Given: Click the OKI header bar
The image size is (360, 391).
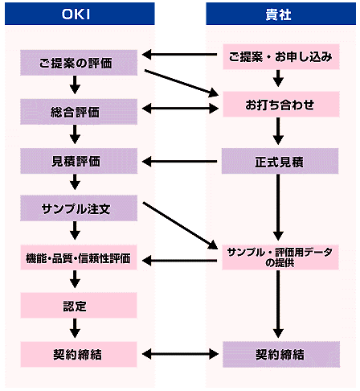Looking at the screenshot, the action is (x=80, y=14).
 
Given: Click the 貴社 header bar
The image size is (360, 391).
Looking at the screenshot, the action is (x=280, y=14).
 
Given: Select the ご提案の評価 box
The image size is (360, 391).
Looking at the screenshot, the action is (x=79, y=63).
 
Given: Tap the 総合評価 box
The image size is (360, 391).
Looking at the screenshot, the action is (x=79, y=112).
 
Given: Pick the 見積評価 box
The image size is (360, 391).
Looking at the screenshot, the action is (x=79, y=161).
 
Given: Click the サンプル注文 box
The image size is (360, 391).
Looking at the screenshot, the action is (x=79, y=208).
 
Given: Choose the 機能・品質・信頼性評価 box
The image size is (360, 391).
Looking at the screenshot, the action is (x=79, y=257).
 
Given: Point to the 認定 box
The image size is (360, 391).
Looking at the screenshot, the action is (x=79, y=305).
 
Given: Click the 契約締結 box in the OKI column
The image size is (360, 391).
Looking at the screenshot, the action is (x=79, y=354).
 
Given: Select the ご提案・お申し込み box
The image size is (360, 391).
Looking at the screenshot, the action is (x=281, y=57).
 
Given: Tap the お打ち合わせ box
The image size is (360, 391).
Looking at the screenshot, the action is (x=281, y=104).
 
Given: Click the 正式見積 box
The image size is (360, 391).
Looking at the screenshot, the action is (x=280, y=161).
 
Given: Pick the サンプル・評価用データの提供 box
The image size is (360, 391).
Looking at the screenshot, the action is (x=280, y=257).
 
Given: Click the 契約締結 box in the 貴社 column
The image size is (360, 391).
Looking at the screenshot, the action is (x=281, y=354).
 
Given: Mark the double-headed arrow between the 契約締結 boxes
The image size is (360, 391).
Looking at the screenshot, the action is (x=180, y=354).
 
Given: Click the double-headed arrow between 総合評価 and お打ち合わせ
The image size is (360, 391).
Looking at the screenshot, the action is (x=180, y=109).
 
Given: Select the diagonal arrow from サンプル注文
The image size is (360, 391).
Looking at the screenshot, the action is (x=180, y=226).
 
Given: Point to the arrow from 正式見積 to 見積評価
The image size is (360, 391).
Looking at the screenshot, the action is (x=179, y=162).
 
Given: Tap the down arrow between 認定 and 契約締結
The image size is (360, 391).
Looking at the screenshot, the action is (x=75, y=328).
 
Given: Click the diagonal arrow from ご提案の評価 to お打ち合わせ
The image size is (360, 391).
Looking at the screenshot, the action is (x=182, y=83).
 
